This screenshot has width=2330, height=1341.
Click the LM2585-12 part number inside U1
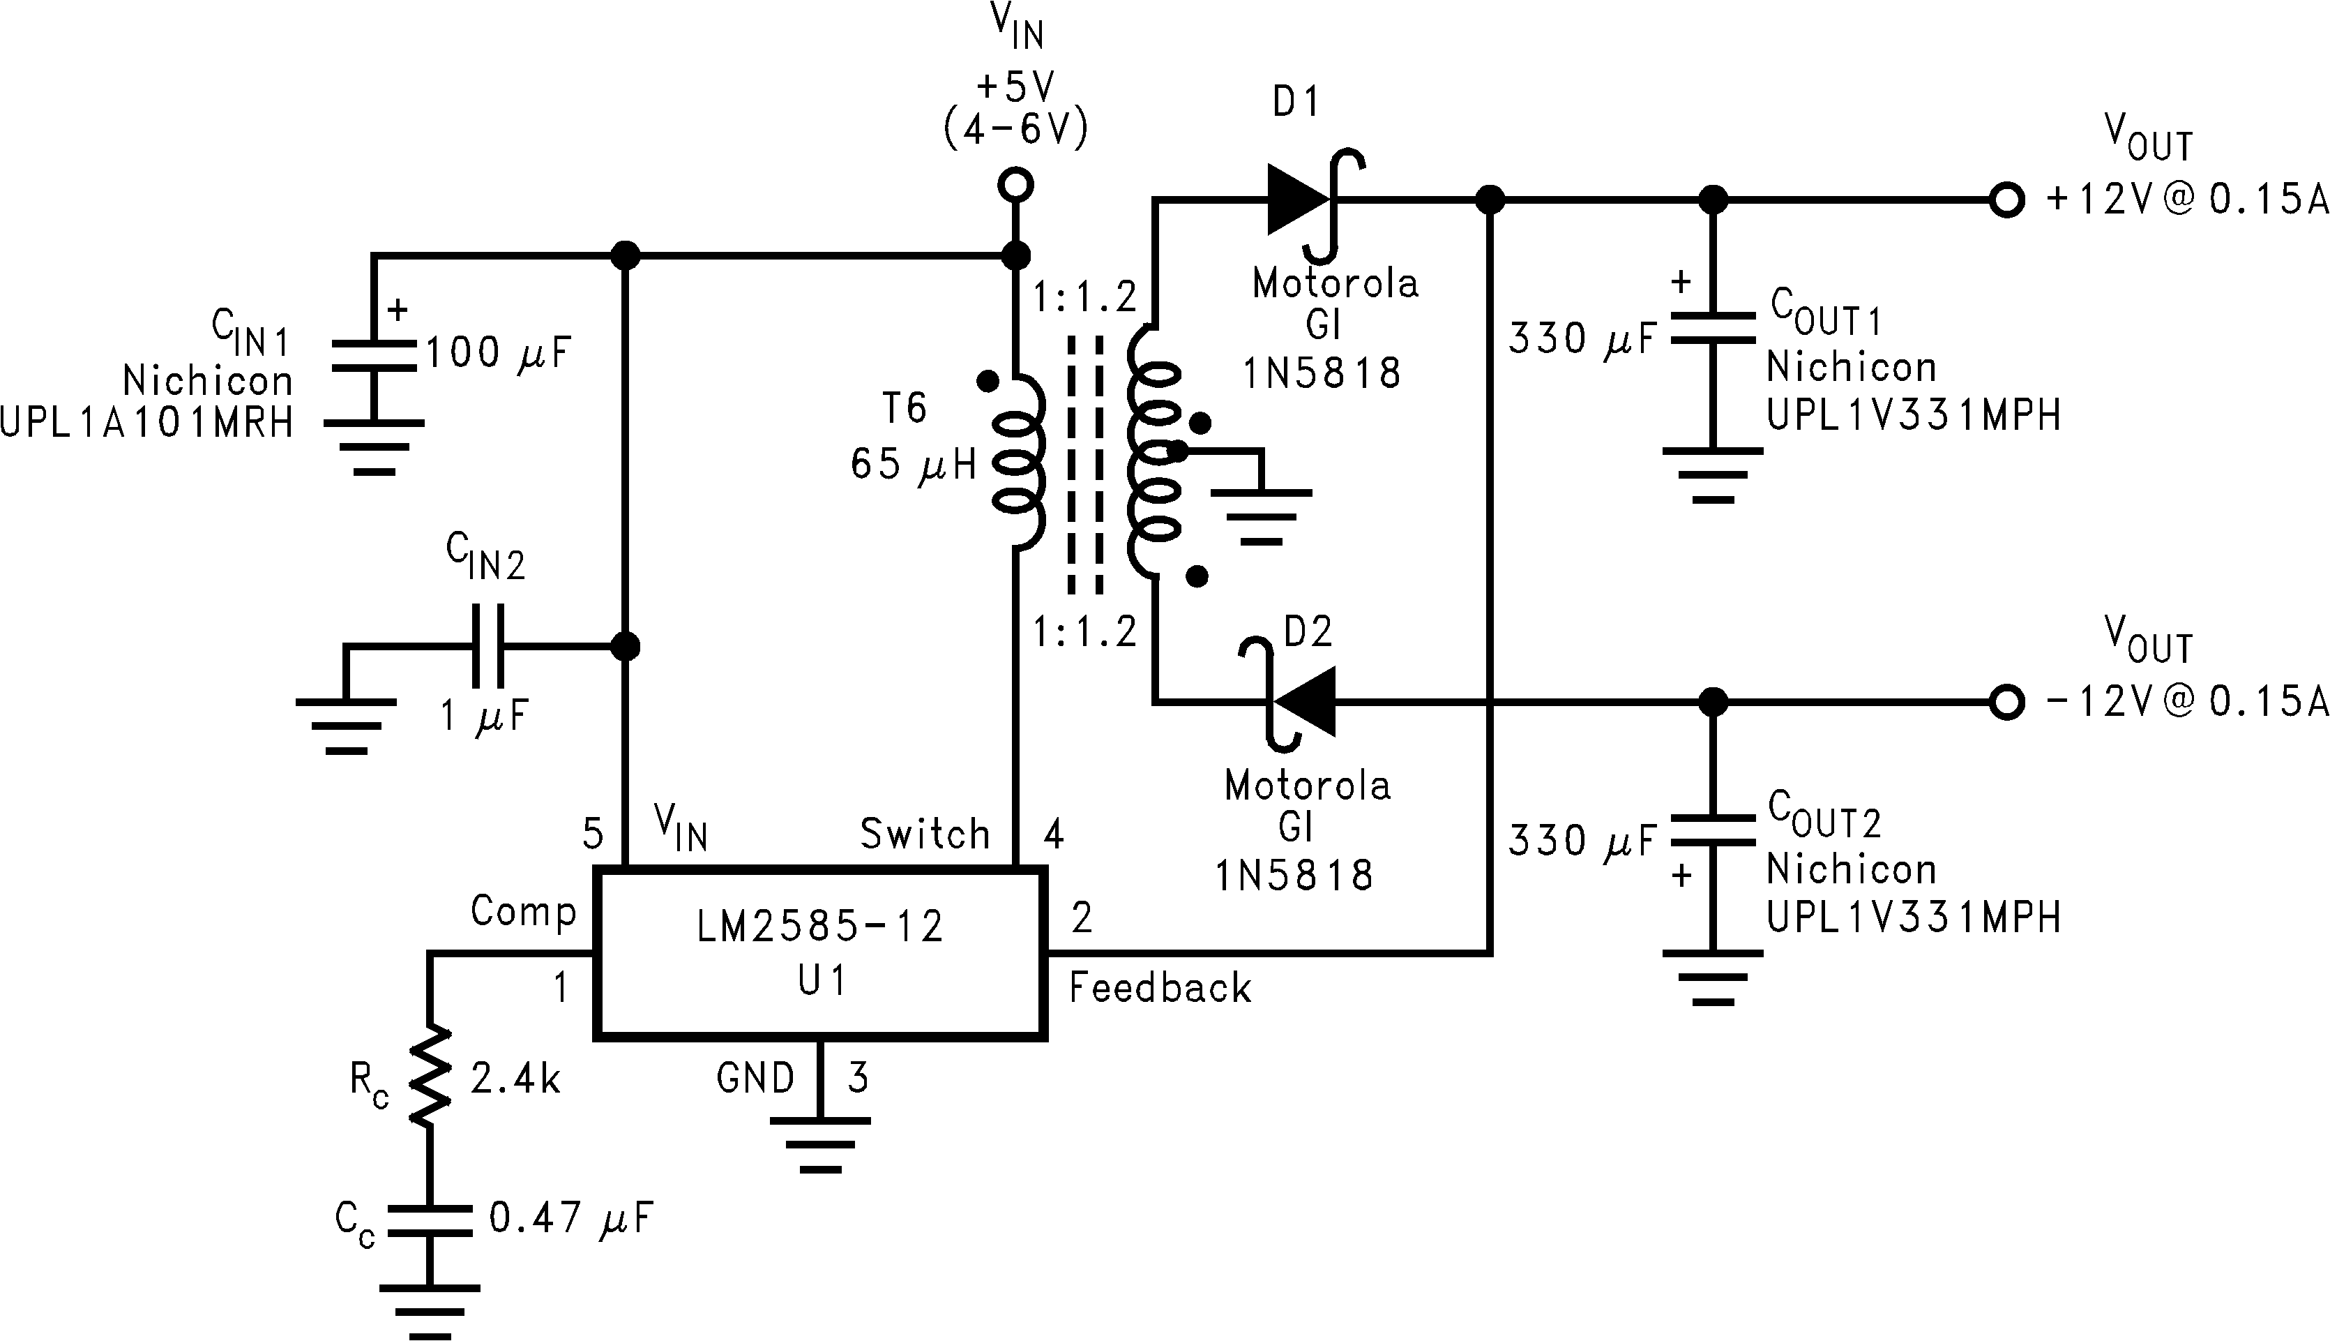[819, 926]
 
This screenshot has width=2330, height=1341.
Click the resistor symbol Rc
[429, 1076]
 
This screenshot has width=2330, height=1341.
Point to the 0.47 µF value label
[570, 1218]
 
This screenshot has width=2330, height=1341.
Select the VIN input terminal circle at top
[1015, 185]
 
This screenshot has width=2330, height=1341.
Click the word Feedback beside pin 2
[1159, 988]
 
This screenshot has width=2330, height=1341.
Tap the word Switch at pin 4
[923, 834]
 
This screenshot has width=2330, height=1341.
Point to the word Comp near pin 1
[523, 911]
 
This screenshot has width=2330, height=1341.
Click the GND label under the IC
[755, 1077]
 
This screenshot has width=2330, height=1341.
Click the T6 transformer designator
[904, 408]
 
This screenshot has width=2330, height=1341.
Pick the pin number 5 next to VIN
[593, 834]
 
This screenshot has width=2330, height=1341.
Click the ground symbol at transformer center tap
[1261, 516]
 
